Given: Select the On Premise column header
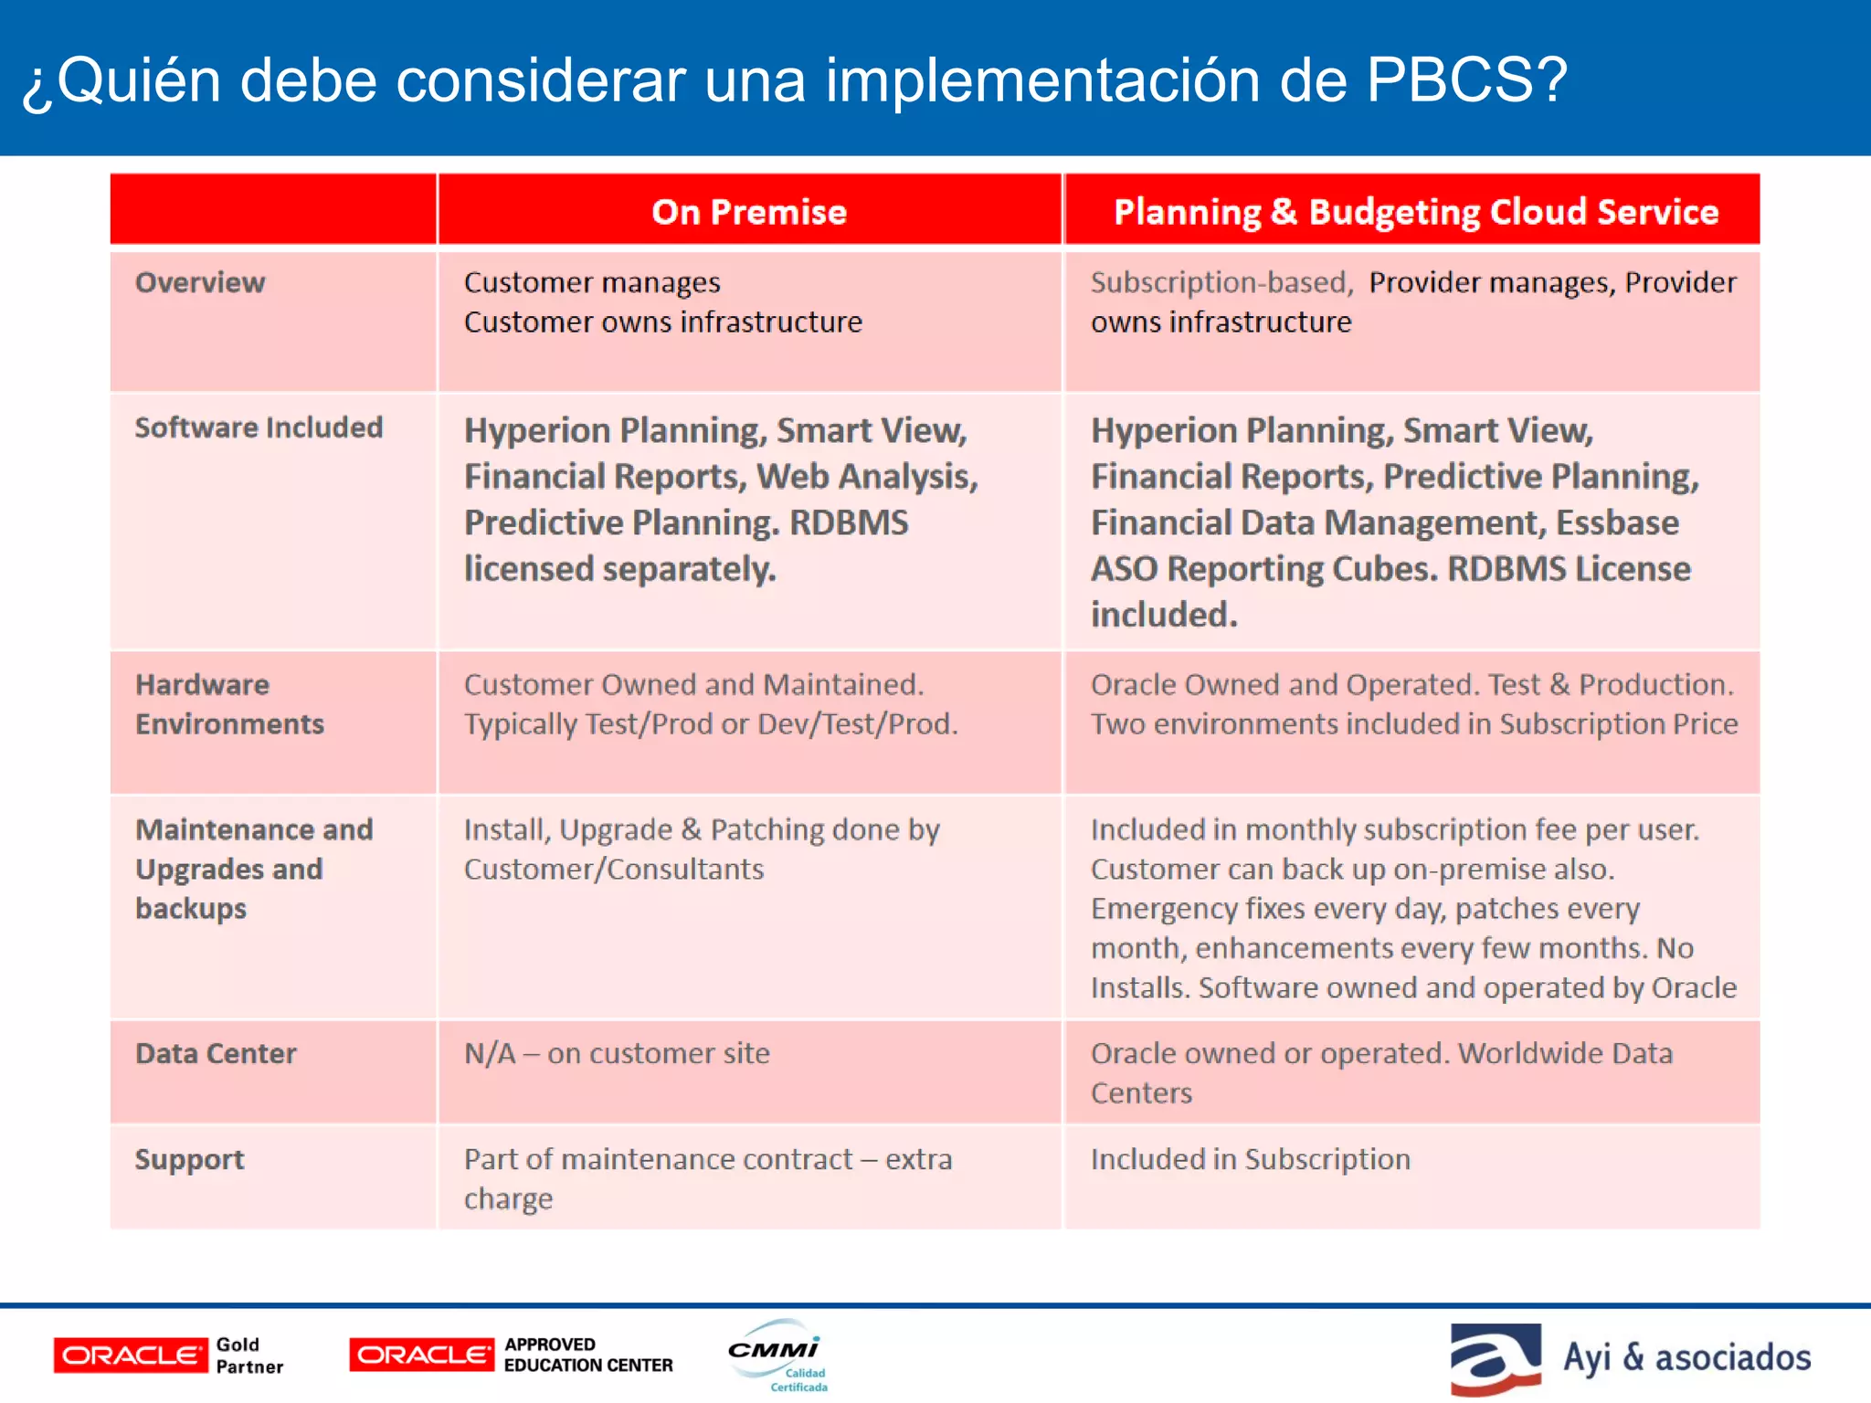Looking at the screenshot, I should pyautogui.click(x=749, y=212).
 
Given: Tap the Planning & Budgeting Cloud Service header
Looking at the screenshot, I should pyautogui.click(x=1415, y=212).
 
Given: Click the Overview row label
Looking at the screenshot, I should pyautogui.click(x=200, y=283).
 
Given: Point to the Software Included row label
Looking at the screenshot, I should pyautogui.click(x=259, y=427).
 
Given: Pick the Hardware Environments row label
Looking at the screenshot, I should pyautogui.click(x=229, y=704).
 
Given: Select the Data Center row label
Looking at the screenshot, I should pyautogui.click(x=216, y=1054).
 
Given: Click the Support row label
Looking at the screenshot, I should pyautogui.click(x=189, y=1160).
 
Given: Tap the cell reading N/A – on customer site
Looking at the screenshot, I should pyautogui.click(x=617, y=1054).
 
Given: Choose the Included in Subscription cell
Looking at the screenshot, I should pyautogui.click(x=1250, y=1160).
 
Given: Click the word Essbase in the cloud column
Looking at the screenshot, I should pyautogui.click(x=1617, y=523).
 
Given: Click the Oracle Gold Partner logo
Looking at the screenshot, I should pyautogui.click(x=169, y=1356).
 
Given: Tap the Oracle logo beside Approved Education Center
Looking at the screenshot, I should pyautogui.click(x=421, y=1356).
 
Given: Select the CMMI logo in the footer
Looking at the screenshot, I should pyautogui.click(x=777, y=1356).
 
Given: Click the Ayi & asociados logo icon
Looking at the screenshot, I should pyautogui.click(x=1495, y=1358).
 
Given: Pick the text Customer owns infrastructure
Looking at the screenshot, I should pyautogui.click(x=662, y=322).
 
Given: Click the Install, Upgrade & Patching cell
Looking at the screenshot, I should pyautogui.click(x=701, y=849).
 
